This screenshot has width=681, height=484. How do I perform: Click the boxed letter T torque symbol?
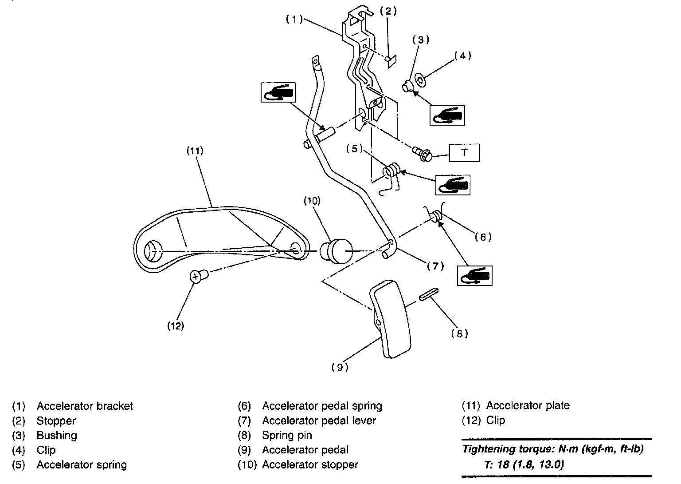[x=464, y=153]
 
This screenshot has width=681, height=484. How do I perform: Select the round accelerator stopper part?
[x=336, y=251]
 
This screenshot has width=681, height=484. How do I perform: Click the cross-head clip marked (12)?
[x=196, y=277]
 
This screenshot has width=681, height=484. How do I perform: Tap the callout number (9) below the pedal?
[x=340, y=367]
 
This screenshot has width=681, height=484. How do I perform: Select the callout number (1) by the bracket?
[x=294, y=19]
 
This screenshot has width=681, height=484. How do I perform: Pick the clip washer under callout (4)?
[x=419, y=80]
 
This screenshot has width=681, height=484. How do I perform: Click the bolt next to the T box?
[x=422, y=154]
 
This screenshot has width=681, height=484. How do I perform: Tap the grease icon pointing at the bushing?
[x=447, y=115]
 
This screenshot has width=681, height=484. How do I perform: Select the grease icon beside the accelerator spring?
[x=452, y=185]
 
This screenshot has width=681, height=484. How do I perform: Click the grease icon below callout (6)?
[x=475, y=275]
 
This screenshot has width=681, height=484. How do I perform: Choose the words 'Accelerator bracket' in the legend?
[x=85, y=406]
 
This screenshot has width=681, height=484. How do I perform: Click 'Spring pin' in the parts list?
[x=287, y=435]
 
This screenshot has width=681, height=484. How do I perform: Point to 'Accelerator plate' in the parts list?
[x=528, y=405]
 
